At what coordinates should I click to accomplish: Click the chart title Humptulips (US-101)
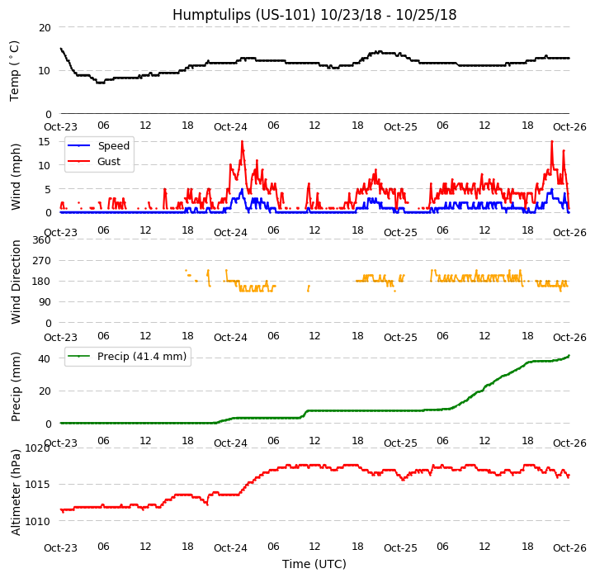tap(314, 15)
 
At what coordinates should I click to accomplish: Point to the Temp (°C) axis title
tap(15, 70)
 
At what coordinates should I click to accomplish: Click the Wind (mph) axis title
tap(16, 176)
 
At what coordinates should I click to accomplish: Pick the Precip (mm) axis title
tap(16, 386)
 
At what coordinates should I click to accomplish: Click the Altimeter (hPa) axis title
tap(16, 492)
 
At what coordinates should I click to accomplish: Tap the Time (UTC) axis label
tap(314, 564)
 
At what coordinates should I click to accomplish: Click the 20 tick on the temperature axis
tap(44, 27)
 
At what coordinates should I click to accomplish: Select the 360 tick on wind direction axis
tap(41, 240)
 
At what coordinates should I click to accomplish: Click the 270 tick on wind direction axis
tap(41, 261)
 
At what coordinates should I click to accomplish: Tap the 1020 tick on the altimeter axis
tap(38, 448)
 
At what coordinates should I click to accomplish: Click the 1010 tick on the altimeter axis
tap(38, 521)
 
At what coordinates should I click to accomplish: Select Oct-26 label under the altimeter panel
tap(569, 547)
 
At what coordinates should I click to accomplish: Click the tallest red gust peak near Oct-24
tap(242, 141)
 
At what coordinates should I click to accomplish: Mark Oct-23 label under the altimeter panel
tap(60, 547)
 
